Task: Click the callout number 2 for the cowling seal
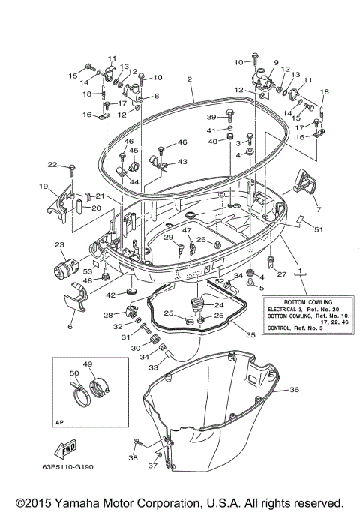[190, 79]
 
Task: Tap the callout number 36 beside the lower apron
[294, 389]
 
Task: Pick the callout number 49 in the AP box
[87, 365]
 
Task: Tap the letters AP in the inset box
[59, 421]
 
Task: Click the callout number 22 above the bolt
[52, 164]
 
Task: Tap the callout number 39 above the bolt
[211, 117]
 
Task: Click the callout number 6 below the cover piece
[70, 327]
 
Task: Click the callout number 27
[282, 274]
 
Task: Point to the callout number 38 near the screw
[133, 457]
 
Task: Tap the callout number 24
[218, 304]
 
